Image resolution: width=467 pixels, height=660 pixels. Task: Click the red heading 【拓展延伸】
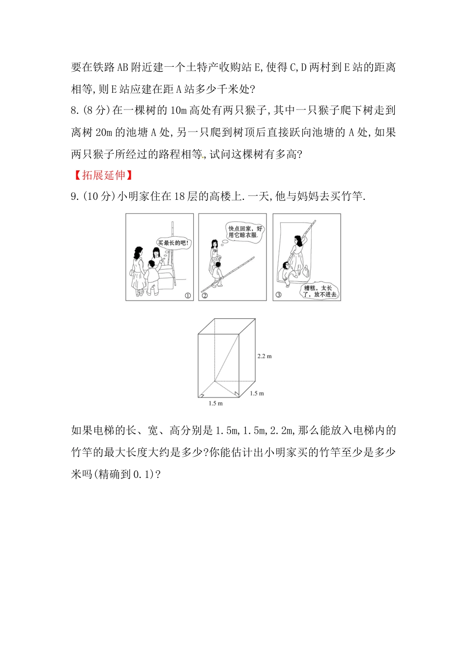click(x=103, y=175)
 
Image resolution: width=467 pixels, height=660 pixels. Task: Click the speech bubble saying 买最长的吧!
click(x=174, y=243)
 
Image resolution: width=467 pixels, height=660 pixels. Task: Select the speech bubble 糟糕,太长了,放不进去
click(x=320, y=291)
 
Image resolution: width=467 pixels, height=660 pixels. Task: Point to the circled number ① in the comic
click(x=187, y=295)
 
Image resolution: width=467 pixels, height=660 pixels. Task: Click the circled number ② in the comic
click(x=205, y=295)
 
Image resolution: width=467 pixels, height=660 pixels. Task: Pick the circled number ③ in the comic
click(x=279, y=295)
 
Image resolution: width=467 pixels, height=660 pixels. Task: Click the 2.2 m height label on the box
click(x=264, y=356)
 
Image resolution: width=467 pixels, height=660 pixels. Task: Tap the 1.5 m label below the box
click(x=215, y=403)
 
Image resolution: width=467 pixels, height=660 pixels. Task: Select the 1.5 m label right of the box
click(x=257, y=393)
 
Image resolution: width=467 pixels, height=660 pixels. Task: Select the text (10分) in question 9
click(x=99, y=196)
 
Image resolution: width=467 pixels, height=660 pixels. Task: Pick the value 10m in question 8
click(x=179, y=110)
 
